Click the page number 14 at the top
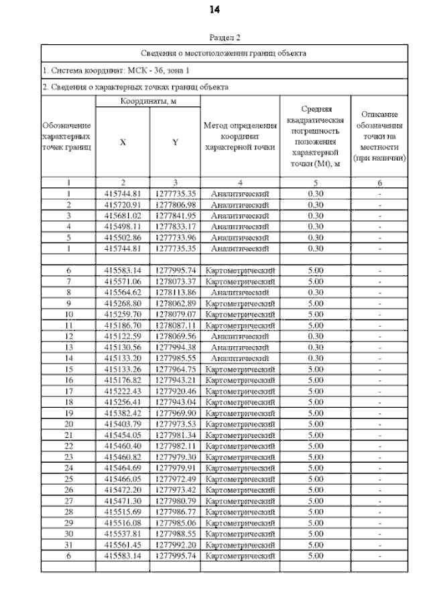click(214, 9)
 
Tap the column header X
click(123, 141)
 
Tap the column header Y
click(175, 141)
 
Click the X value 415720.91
click(123, 204)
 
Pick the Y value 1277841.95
click(175, 216)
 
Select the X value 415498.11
click(123, 226)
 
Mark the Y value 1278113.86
click(175, 292)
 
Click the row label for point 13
click(68, 347)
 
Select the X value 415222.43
click(123, 390)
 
